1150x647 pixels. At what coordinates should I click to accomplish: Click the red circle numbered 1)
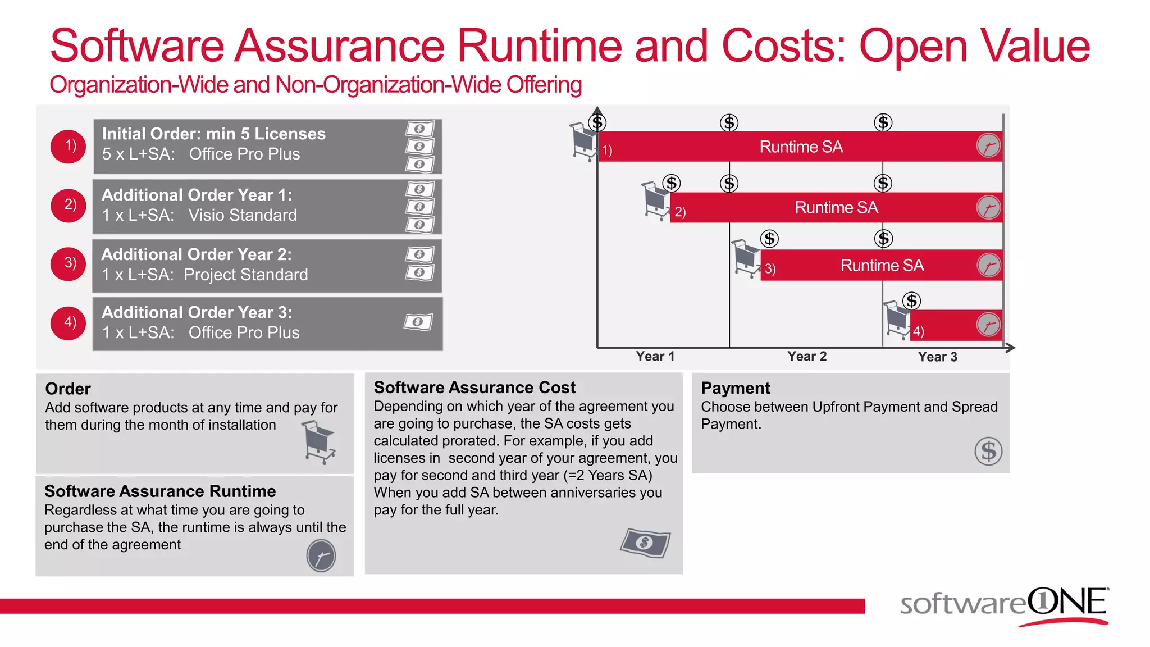68,146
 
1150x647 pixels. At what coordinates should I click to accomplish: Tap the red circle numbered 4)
68,322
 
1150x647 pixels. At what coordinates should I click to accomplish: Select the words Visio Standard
242,215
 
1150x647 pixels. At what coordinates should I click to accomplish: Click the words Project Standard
245,275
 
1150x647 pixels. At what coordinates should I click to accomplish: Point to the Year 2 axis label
806,357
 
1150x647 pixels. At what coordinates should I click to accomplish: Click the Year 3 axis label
937,357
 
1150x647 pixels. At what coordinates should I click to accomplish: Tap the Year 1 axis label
655,357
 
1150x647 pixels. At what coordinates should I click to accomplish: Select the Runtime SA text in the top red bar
801,147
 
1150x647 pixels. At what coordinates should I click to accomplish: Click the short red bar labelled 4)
955,326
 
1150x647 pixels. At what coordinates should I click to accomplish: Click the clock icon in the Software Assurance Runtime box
321,556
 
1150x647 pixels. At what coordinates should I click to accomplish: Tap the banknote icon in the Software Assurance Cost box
645,543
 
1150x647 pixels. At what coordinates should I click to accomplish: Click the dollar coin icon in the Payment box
988,451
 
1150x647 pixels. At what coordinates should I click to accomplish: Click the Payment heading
735,388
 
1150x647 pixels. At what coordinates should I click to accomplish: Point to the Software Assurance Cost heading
474,388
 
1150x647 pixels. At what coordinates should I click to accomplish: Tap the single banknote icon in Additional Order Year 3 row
418,322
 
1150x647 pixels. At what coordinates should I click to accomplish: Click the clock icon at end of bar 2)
988,207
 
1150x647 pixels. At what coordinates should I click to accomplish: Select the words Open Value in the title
974,46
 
